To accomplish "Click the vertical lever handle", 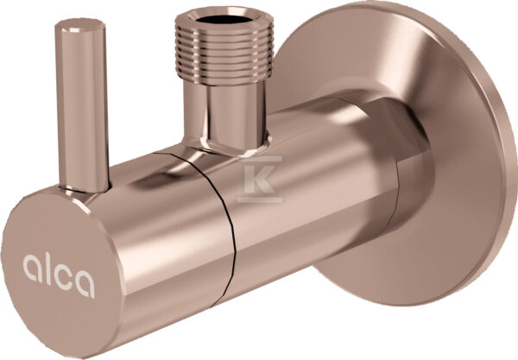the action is (82, 105).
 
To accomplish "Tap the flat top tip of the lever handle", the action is (80, 26).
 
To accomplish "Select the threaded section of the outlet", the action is (224, 49).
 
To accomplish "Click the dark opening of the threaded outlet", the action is (223, 19).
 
